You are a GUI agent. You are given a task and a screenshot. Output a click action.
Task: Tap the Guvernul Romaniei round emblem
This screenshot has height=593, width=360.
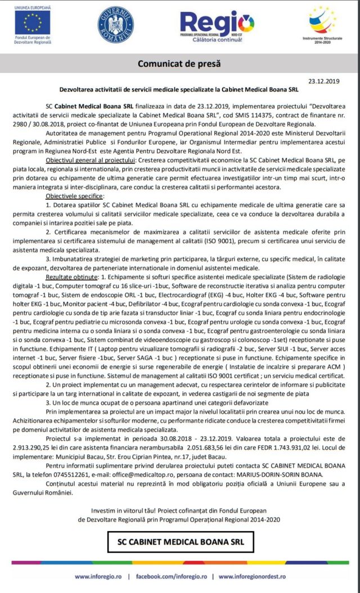(115, 25)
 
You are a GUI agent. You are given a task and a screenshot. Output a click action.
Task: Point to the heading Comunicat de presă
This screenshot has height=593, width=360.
(179, 64)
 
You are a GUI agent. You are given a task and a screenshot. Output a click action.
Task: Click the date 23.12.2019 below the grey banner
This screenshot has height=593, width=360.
(321, 82)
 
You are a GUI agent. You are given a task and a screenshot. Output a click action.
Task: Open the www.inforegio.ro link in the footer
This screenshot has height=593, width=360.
(98, 576)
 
